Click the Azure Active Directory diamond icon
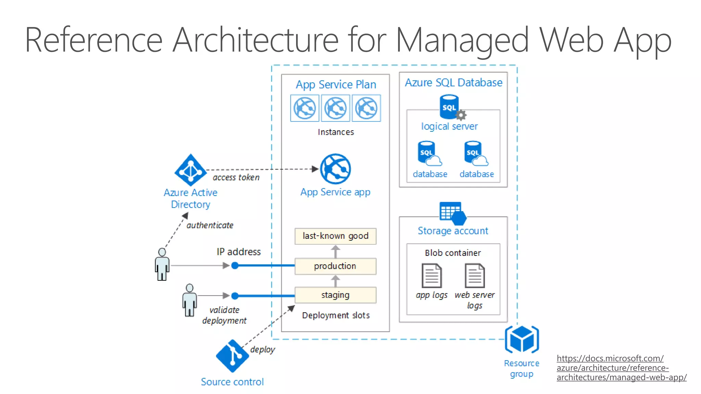191,170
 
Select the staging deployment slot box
335,295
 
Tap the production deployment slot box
335,266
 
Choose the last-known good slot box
335,236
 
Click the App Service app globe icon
335,169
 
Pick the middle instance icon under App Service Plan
335,108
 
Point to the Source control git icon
232,356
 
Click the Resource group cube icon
522,339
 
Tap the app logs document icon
432,276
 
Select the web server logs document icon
475,276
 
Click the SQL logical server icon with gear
450,107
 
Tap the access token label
236,178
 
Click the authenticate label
210,225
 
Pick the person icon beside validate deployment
189,300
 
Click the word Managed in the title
462,40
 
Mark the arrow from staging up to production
335,281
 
